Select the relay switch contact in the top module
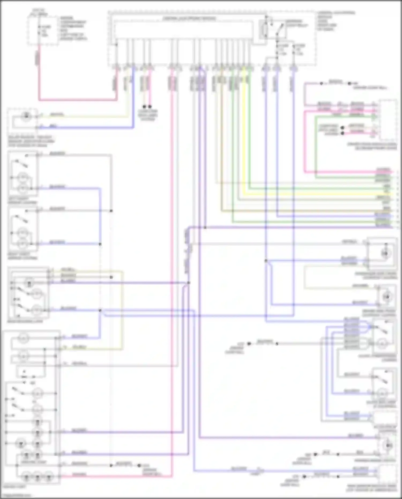(280, 28)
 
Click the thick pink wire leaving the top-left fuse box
(78, 100)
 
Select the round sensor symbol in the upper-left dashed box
(26, 116)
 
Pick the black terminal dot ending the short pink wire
(150, 106)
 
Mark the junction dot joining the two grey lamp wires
(111, 211)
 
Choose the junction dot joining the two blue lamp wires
(100, 244)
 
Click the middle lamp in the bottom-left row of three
(38, 478)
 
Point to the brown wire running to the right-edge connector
(295, 211)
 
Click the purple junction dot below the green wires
(205, 228)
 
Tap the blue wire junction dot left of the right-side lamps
(266, 261)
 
